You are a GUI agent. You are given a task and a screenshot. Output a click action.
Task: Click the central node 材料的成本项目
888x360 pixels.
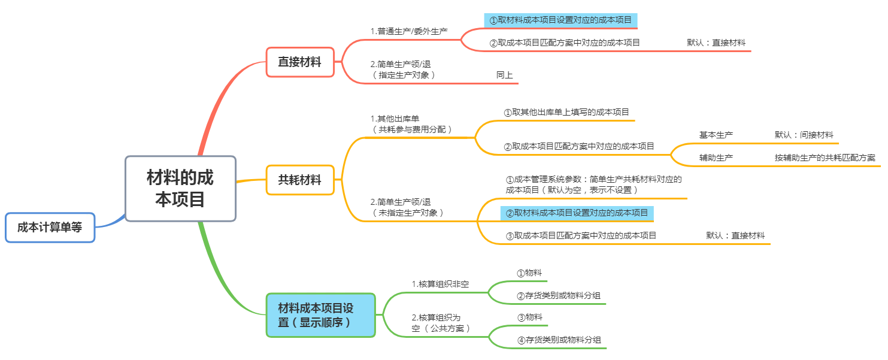click(x=180, y=188)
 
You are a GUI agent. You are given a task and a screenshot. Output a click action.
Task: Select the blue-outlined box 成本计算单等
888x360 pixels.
click(x=50, y=227)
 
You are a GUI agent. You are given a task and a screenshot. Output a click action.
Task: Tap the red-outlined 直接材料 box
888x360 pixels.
click(x=299, y=62)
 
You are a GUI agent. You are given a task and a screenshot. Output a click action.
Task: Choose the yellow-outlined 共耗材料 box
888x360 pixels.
click(x=299, y=180)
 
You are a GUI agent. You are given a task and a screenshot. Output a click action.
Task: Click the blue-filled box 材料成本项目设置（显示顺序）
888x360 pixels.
click(x=320, y=315)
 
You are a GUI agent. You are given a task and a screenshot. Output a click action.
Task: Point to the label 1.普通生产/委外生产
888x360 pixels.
click(x=409, y=31)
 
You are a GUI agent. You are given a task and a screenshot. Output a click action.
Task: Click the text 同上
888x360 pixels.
click(x=504, y=75)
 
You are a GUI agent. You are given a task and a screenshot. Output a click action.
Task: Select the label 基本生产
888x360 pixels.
click(x=716, y=135)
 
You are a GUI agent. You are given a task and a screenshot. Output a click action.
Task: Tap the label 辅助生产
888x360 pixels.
click(x=716, y=158)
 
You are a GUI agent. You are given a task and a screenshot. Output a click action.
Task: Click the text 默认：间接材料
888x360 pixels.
click(x=804, y=135)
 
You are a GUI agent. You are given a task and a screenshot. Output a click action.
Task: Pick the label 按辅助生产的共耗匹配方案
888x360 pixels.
click(x=825, y=158)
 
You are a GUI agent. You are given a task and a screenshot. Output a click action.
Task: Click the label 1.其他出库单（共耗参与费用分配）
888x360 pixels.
click(x=412, y=124)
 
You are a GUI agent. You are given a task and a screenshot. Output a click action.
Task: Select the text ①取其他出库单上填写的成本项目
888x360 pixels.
click(x=566, y=112)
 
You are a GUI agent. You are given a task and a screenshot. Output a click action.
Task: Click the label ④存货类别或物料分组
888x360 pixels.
click(x=559, y=340)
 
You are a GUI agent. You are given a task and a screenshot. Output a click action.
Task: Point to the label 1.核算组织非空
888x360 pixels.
click(x=440, y=283)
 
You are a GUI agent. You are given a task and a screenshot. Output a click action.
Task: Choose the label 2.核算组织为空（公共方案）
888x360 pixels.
click(x=441, y=323)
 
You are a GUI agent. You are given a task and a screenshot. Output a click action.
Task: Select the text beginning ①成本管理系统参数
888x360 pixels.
click(x=593, y=184)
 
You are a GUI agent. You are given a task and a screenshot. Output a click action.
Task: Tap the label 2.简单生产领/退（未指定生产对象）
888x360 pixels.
click(x=407, y=207)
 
